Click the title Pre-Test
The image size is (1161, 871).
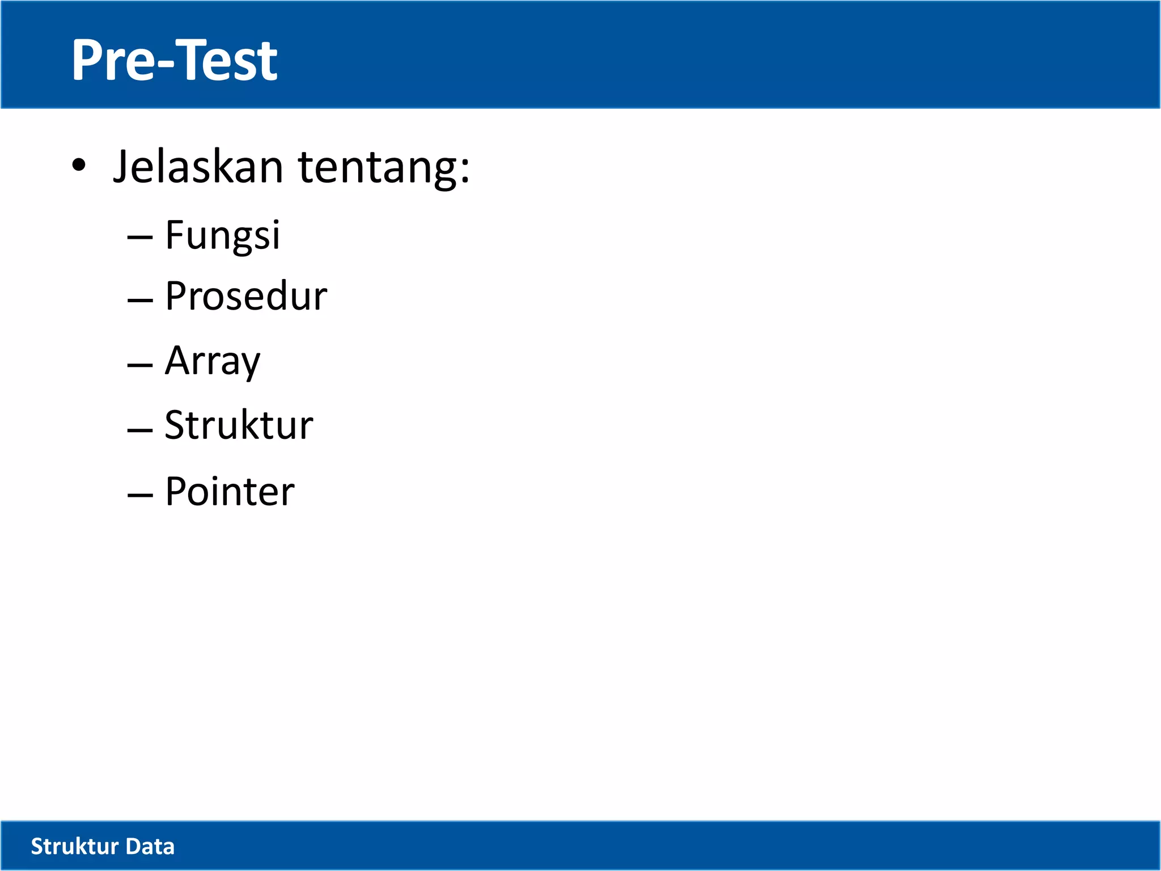(174, 60)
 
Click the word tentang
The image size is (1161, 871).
(376, 168)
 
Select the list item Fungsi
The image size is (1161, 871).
(222, 235)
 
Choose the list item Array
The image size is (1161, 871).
(213, 361)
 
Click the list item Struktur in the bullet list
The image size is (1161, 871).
(239, 425)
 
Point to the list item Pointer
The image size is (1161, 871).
(230, 492)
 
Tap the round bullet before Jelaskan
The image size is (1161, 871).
(79, 166)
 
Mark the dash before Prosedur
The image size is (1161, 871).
(140, 300)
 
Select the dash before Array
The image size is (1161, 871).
(140, 365)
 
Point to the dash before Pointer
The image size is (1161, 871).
(140, 495)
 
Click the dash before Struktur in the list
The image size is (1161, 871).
(140, 429)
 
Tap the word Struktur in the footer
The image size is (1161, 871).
(74, 847)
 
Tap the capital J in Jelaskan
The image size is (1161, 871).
(121, 167)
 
